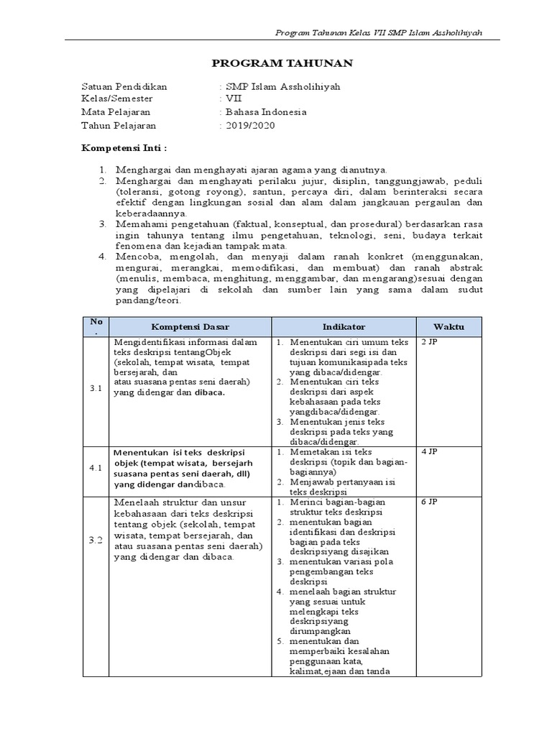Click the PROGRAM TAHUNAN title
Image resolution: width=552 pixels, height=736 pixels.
pyautogui.click(x=282, y=64)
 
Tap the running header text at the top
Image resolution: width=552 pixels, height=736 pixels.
pyautogui.click(x=379, y=34)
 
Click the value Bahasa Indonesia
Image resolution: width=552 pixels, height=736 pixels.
pyautogui.click(x=266, y=112)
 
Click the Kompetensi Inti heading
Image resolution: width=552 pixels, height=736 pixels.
pyautogui.click(x=124, y=148)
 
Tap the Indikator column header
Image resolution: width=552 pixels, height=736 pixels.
pyautogui.click(x=344, y=326)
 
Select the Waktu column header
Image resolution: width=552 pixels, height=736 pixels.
pyautogui.click(x=448, y=326)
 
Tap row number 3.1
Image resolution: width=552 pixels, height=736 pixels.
pyautogui.click(x=96, y=389)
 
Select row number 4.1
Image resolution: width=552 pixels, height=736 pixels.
pyautogui.click(x=96, y=467)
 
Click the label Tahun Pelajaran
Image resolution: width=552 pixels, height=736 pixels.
pyautogui.click(x=119, y=126)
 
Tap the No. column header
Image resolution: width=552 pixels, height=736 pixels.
pyautogui.click(x=96, y=326)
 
